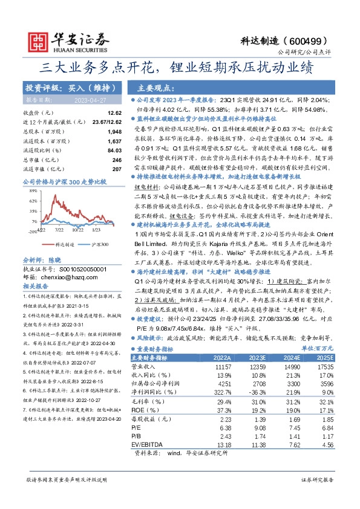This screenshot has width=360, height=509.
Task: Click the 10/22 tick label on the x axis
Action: click(77, 230)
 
